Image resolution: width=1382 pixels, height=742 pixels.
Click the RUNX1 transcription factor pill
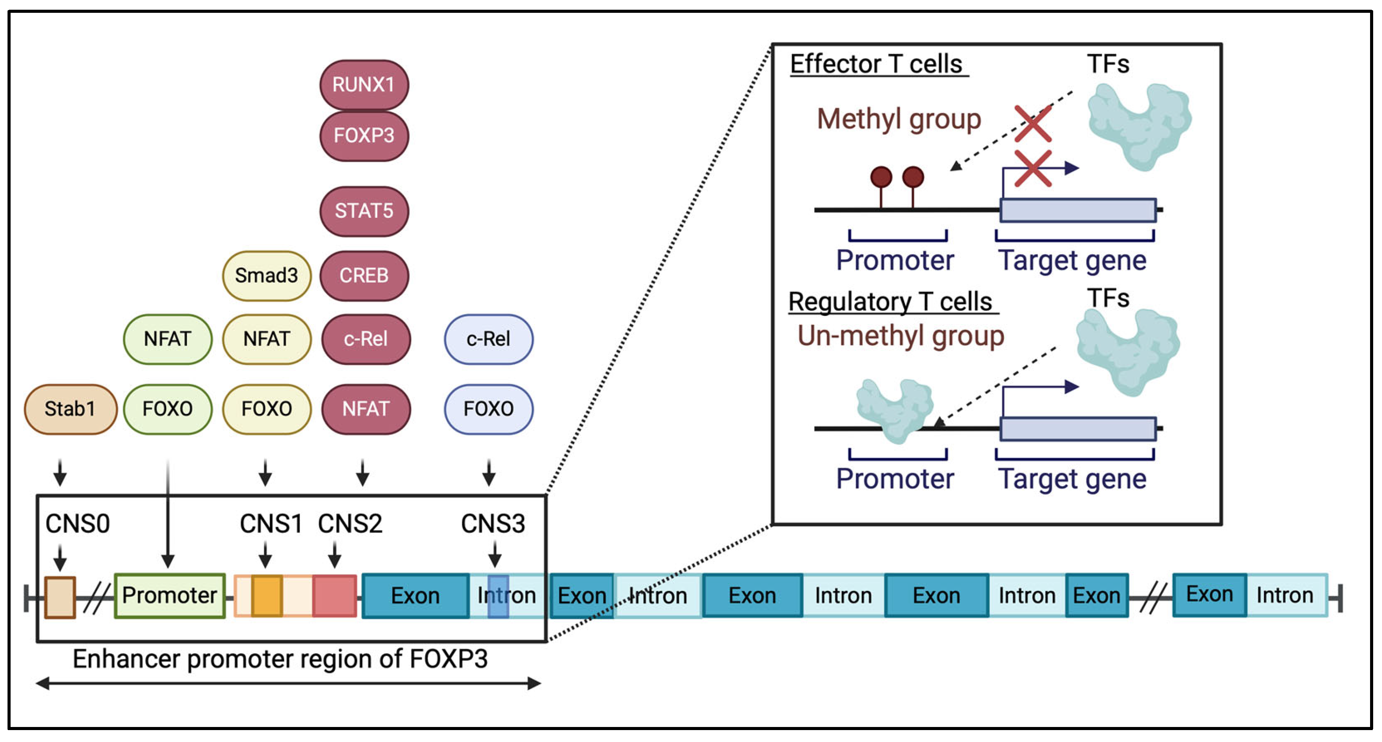364,85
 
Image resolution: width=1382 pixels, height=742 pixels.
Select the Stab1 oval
70,409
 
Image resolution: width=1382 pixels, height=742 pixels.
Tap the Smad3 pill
267,275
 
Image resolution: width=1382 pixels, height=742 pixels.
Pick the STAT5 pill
364,211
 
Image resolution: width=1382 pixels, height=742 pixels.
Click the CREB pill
364,275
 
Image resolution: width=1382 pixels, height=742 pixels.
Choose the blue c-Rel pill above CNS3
488,339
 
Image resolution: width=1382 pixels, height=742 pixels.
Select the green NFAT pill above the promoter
167,339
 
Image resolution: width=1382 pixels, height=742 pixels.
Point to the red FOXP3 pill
364,136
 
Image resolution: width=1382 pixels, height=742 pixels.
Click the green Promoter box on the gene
170,595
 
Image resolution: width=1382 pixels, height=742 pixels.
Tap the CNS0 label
78,524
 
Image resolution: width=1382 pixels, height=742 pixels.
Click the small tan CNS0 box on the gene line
60,597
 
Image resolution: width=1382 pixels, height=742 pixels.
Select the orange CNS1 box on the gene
267,595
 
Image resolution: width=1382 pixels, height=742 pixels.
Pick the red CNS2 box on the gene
335,595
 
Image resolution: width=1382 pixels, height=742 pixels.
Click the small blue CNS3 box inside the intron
498,596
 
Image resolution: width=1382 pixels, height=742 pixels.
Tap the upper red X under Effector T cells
1033,123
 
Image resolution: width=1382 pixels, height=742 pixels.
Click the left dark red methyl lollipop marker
881,177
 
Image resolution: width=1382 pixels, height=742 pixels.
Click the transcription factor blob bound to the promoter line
894,410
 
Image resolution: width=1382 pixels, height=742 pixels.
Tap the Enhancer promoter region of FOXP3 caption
280,659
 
